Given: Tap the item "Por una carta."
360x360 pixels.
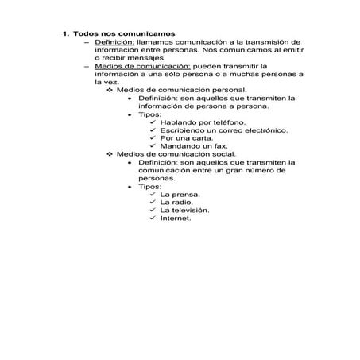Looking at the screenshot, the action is (185, 137).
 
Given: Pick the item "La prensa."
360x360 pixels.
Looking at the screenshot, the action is (179, 192).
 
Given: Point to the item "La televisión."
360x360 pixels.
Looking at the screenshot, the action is (184, 209).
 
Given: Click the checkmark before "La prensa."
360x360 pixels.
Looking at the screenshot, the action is (152, 192).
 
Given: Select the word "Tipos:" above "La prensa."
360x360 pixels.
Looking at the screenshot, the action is (149, 184).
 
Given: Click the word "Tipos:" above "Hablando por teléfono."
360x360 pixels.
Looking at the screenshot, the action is (149, 114).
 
